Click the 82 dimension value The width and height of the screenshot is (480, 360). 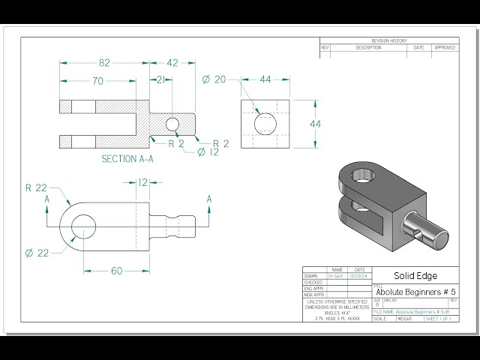[105, 64]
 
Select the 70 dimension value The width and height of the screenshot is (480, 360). [98, 82]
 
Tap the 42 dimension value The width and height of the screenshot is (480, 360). [172, 64]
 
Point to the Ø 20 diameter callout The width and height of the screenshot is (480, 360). [213, 79]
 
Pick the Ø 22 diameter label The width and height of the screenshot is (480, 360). [37, 253]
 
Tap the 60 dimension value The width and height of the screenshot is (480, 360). [116, 271]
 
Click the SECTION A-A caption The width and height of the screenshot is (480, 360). [127, 159]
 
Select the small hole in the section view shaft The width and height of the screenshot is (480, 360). [172, 124]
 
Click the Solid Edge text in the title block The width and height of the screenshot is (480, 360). [415, 276]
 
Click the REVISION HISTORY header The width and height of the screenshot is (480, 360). [389, 40]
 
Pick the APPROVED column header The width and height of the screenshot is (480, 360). [444, 47]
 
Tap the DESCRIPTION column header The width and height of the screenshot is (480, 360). [368, 47]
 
